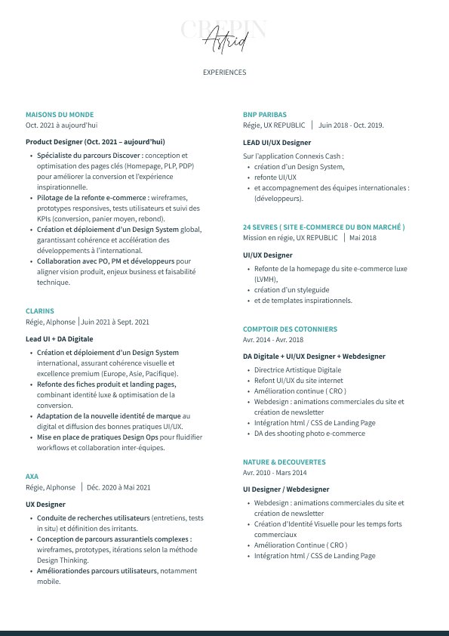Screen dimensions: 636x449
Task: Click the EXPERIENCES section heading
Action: pos(224,73)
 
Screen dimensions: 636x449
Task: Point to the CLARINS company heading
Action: pos(39,310)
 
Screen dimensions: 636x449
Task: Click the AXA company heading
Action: pos(32,477)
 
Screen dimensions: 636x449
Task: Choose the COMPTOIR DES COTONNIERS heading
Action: pos(290,329)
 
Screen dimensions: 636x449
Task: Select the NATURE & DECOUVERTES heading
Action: pos(284,462)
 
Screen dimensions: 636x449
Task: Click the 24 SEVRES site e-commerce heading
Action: pos(324,227)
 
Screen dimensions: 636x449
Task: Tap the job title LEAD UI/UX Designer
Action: pos(276,142)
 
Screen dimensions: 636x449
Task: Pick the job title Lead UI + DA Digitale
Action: pos(60,338)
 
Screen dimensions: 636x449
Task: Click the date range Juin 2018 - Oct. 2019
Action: pos(351,125)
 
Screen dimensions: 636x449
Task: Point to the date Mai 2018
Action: pos(362,238)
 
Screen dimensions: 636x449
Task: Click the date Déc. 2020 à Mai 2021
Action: pos(118,487)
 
